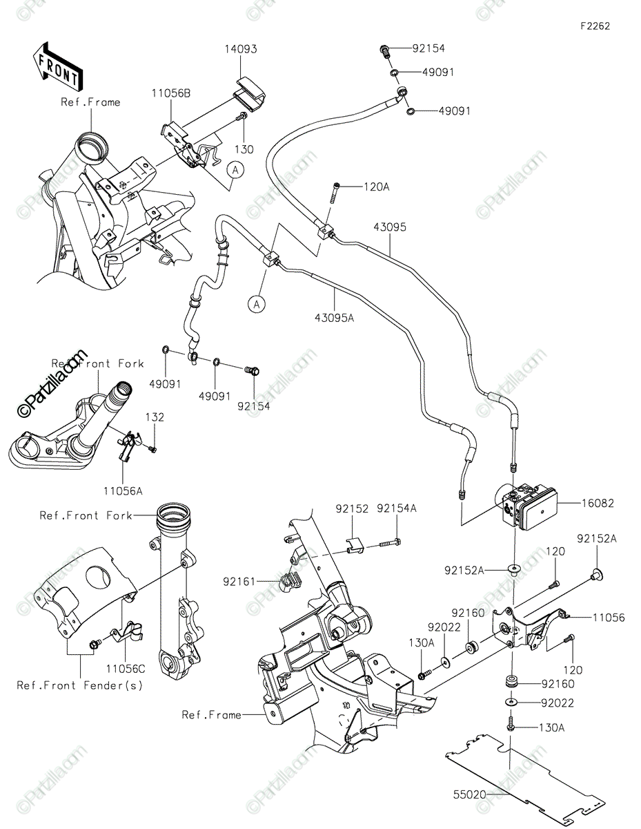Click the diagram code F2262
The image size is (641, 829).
point(595,26)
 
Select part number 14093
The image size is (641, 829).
point(240,50)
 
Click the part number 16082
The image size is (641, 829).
point(598,504)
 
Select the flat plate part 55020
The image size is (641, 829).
point(511,774)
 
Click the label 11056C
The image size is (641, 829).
point(125,669)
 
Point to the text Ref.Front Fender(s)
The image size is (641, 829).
point(80,685)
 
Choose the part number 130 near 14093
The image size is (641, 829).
point(244,149)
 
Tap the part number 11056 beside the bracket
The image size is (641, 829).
point(608,618)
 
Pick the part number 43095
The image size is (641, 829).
point(390,227)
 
